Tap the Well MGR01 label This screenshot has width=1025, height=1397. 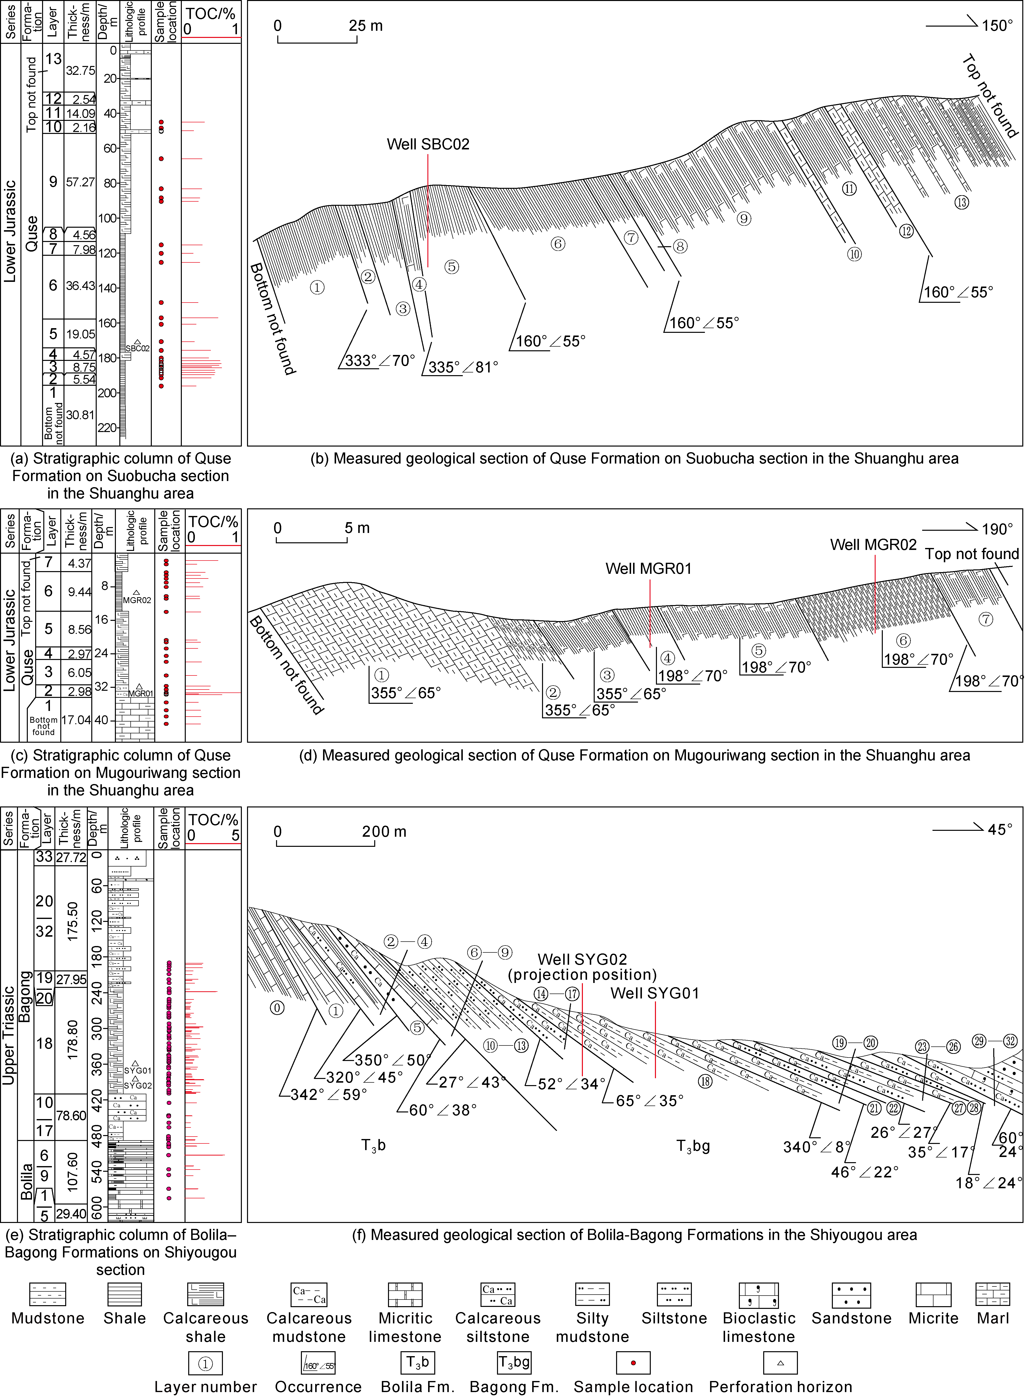click(648, 568)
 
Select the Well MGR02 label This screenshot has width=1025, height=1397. click(873, 545)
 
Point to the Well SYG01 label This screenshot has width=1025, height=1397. click(654, 993)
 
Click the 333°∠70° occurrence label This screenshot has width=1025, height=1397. click(380, 361)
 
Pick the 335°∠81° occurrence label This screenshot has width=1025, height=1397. click(463, 367)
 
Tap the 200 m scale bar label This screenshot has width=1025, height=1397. click(384, 832)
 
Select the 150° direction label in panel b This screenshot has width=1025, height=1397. click(997, 25)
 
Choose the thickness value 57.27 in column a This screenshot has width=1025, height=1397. click(80, 182)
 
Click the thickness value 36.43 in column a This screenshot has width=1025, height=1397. click(80, 286)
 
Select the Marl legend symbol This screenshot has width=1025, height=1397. click(993, 1295)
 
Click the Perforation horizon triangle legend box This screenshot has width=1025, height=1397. click(780, 1363)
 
